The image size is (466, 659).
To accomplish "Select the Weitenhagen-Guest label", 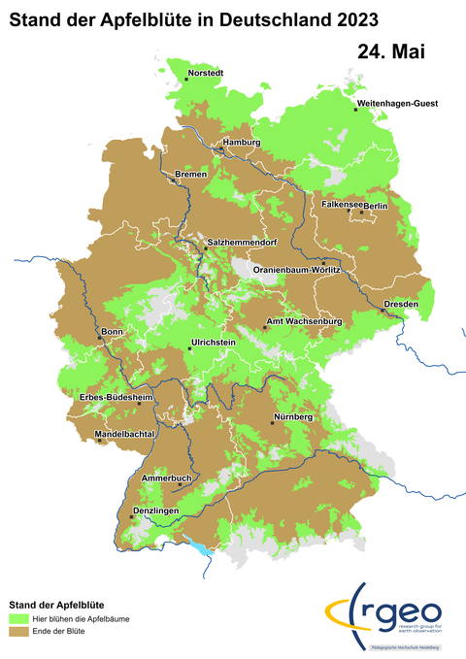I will (x=398, y=103).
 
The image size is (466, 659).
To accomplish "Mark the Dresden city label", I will (x=401, y=304).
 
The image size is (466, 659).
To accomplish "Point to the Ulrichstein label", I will (x=216, y=343).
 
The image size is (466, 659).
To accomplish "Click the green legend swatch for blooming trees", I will (x=18, y=617).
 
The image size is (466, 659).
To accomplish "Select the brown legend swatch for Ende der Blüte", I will (x=18, y=632).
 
